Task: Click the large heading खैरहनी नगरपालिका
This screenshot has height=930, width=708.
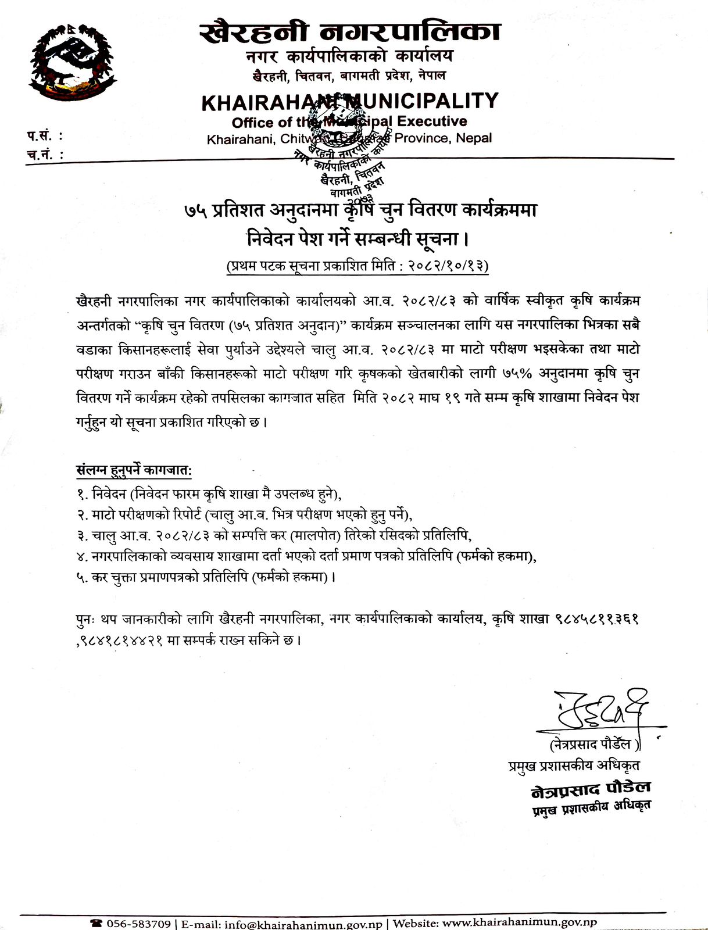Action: pyautogui.click(x=349, y=33)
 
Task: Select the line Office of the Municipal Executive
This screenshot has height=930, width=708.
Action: pyautogui.click(x=349, y=121)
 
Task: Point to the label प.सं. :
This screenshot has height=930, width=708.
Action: pyautogui.click(x=44, y=137)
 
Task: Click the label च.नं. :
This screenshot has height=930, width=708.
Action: pyautogui.click(x=44, y=154)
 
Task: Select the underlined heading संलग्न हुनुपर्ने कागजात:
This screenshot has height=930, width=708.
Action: pyautogui.click(x=134, y=470)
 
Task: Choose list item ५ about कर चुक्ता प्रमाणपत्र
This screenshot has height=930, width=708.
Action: pyautogui.click(x=206, y=577)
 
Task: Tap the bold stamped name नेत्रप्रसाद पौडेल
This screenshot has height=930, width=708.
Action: pyautogui.click(x=591, y=788)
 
